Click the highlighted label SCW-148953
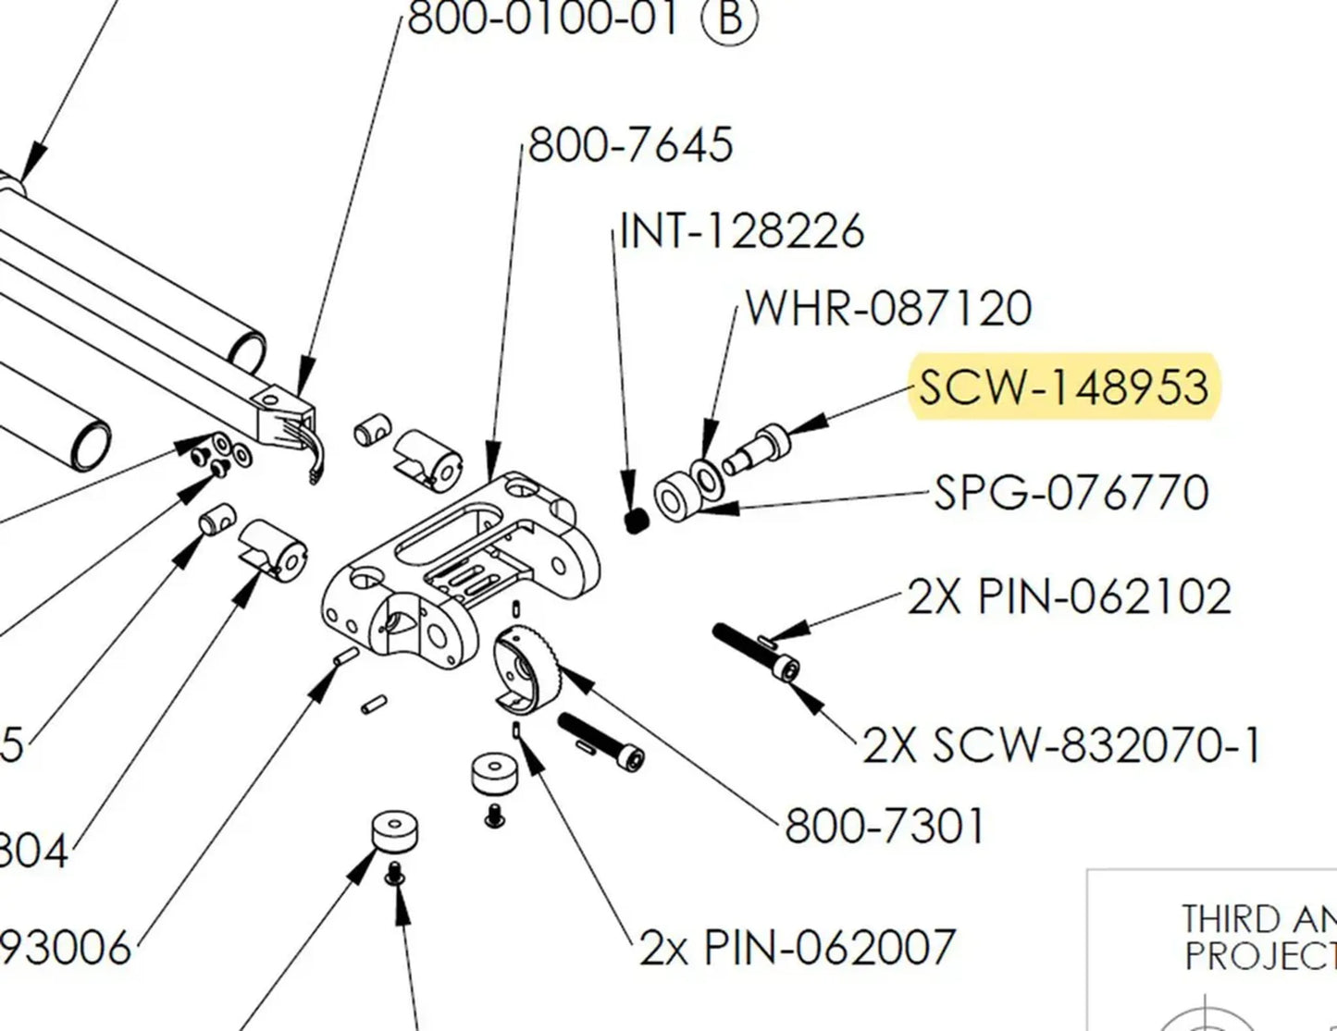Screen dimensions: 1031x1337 click(1064, 387)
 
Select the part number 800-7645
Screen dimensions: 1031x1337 click(630, 145)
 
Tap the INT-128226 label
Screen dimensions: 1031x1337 click(741, 231)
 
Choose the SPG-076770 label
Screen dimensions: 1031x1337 click(1071, 492)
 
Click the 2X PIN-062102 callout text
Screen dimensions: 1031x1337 click(1070, 597)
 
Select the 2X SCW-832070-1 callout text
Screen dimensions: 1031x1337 click(1061, 745)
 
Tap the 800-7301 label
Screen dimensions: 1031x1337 click(885, 826)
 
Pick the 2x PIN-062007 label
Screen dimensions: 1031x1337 click(797, 947)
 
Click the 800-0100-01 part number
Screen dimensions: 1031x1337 click(544, 18)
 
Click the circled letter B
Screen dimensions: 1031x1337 click(730, 18)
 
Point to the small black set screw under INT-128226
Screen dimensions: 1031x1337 click(634, 522)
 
